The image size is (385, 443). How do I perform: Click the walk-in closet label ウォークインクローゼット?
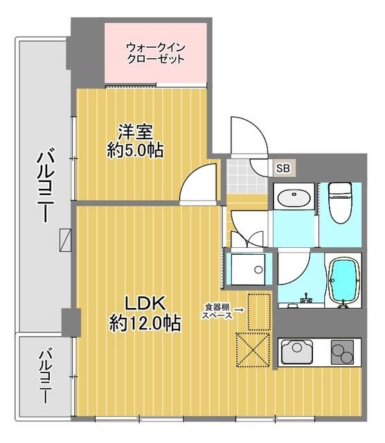pos(156,53)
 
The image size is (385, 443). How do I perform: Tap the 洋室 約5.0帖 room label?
pos(136,141)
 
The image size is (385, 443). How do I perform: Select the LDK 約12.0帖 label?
pos(145,312)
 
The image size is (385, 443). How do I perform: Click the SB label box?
pos(283,168)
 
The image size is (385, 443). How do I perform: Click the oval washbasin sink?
pos(294,199)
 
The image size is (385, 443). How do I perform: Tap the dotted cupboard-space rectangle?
pos(258,311)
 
